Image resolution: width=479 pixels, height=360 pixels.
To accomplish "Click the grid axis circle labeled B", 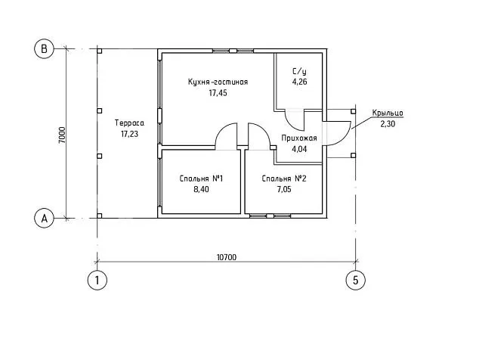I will (x=44, y=49).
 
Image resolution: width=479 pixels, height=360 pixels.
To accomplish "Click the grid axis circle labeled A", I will (x=44, y=219).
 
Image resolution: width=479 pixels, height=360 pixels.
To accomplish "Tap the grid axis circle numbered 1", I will (x=97, y=280).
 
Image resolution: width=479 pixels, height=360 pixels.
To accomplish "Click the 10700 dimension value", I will (x=227, y=257).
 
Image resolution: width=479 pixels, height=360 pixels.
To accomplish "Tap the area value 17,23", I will (x=131, y=134).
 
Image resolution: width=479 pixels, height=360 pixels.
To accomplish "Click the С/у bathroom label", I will (x=298, y=70).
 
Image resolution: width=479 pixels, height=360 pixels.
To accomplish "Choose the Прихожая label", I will (x=298, y=138).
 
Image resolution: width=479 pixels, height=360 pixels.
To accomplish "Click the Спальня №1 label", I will (x=200, y=178).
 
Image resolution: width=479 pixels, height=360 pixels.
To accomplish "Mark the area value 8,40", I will (x=200, y=190).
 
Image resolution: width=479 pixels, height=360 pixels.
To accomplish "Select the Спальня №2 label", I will (x=283, y=178).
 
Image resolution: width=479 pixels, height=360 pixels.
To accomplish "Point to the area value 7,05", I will (x=283, y=190).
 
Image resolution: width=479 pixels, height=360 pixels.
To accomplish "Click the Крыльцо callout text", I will (x=387, y=113).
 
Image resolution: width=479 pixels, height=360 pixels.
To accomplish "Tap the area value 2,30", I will (x=387, y=124).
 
